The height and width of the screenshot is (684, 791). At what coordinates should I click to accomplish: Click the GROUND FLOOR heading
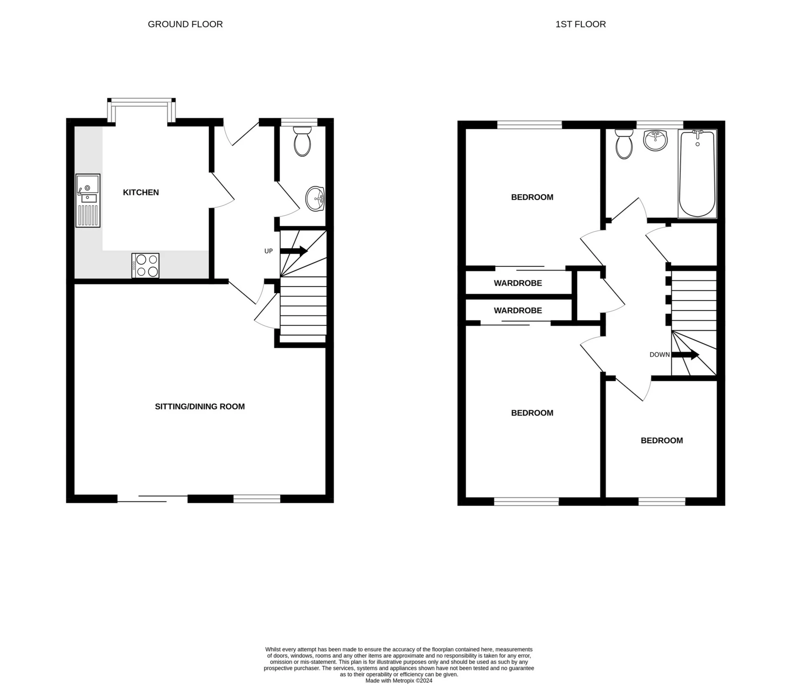point(185,24)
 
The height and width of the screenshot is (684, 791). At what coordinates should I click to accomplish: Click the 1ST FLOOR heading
point(580,24)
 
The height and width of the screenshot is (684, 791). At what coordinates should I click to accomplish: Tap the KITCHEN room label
point(140,193)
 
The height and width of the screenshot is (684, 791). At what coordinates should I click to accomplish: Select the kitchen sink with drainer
point(88,200)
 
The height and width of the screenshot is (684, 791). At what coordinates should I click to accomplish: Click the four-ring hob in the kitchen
point(145,265)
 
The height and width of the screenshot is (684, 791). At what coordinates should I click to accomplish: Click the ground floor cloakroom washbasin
point(315,199)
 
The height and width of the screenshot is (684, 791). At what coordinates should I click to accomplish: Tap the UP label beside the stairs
point(268,251)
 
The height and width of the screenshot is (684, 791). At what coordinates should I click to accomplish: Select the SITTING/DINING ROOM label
point(199,407)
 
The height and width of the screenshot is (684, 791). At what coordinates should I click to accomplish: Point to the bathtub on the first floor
point(697,174)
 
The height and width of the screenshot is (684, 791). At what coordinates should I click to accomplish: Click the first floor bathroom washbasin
point(655,140)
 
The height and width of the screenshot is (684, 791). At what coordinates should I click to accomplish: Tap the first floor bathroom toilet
point(624,144)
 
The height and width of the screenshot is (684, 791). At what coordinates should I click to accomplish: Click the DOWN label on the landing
point(659,355)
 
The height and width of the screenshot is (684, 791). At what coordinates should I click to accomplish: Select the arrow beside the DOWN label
point(686,355)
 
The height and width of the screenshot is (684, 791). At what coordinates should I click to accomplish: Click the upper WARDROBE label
point(518,283)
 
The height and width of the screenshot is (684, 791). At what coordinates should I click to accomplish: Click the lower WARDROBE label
point(518,310)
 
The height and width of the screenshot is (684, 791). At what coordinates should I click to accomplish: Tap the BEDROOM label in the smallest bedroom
point(662,441)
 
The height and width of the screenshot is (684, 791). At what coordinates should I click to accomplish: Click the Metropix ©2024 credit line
point(399,681)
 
